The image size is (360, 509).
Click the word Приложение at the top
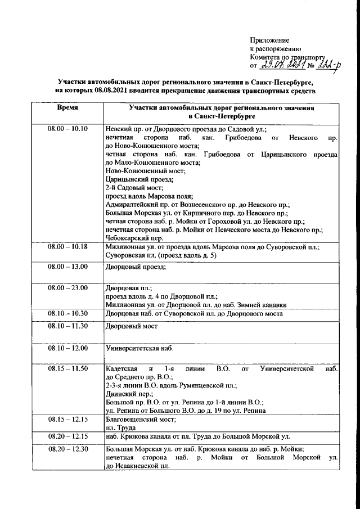[270, 40]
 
